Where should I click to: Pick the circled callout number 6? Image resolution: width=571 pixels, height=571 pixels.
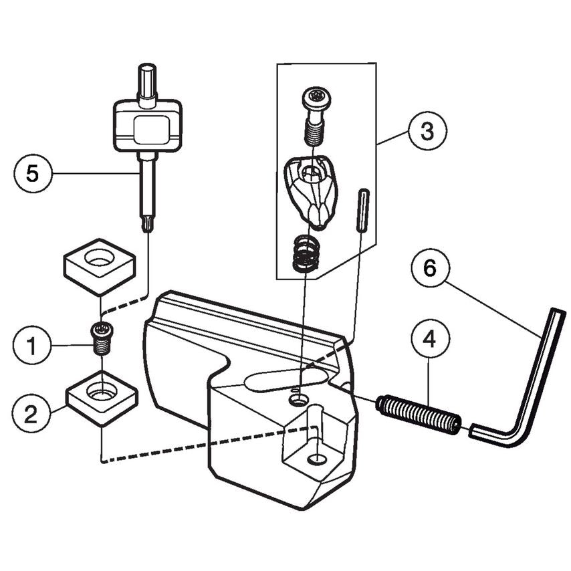[428, 268]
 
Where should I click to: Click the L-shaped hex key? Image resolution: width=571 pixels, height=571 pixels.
[535, 394]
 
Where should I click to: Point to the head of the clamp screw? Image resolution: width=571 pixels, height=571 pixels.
[315, 99]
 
